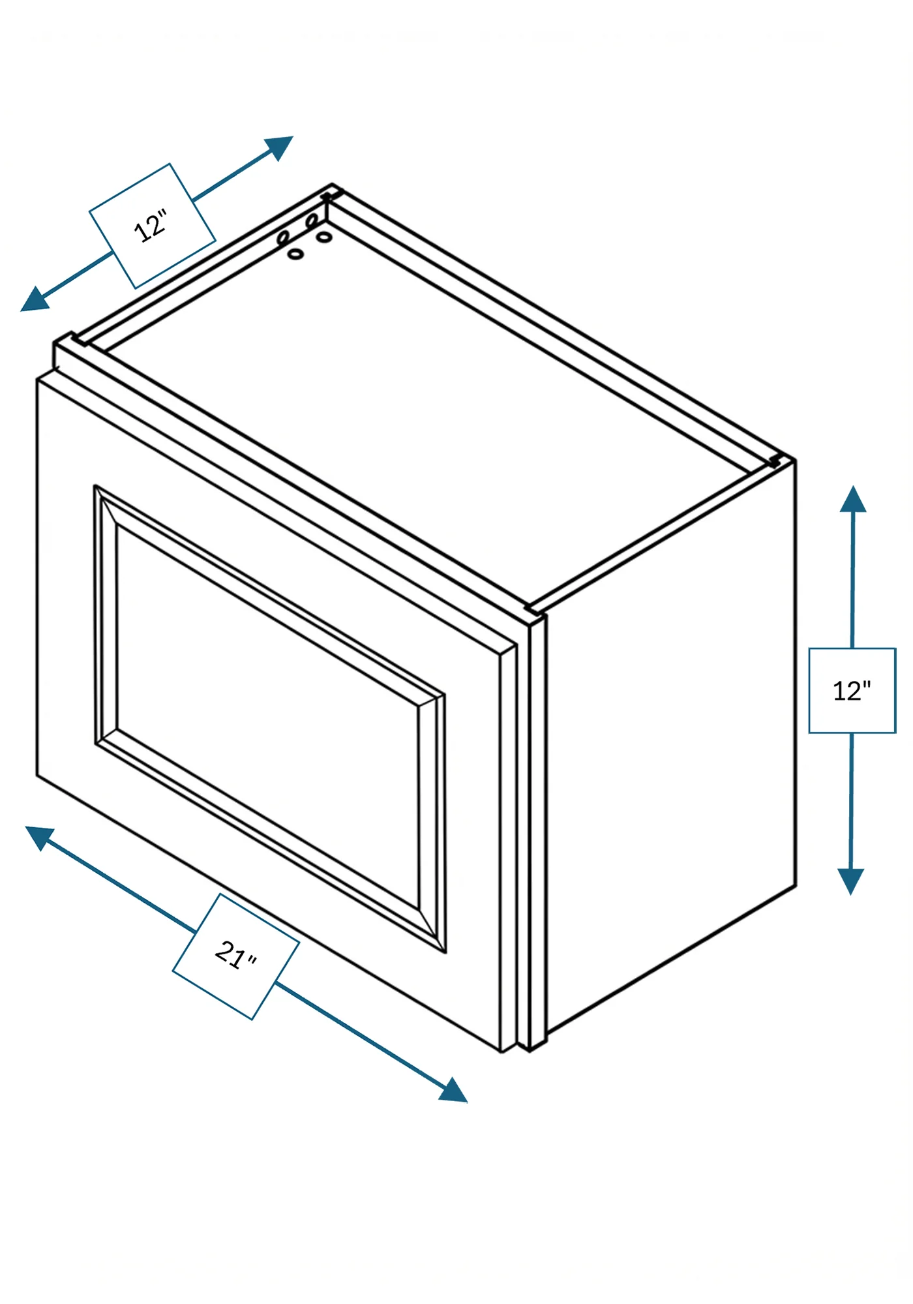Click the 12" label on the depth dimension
point(151,226)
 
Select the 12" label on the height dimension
point(852,691)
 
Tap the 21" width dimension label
point(235,956)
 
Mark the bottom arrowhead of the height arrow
point(851,881)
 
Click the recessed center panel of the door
point(267,718)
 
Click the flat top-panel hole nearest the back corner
point(324,236)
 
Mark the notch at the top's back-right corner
point(775,461)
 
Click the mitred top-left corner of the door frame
point(106,506)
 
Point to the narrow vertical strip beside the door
point(537,832)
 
